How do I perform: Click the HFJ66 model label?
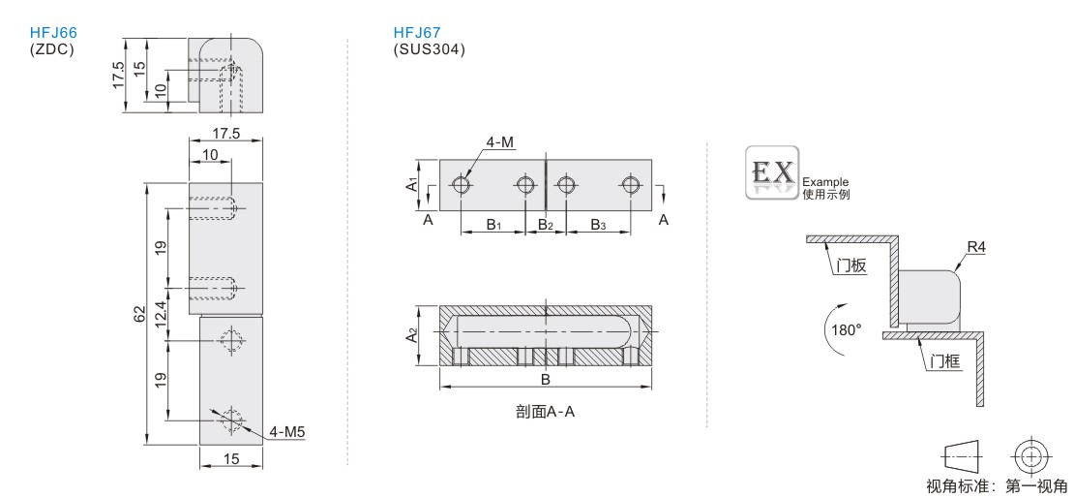pos(53,33)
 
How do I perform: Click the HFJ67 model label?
pos(417,33)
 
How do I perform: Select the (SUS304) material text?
pos(429,49)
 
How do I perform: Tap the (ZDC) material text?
pos(51,49)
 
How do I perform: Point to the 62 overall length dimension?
pos(139,315)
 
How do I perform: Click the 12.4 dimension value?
pos(161,315)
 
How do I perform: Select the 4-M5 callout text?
pos(286,432)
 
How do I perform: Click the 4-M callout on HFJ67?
pos(500,142)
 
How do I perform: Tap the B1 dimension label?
pos(493,225)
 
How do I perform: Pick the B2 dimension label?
pos(545,225)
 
